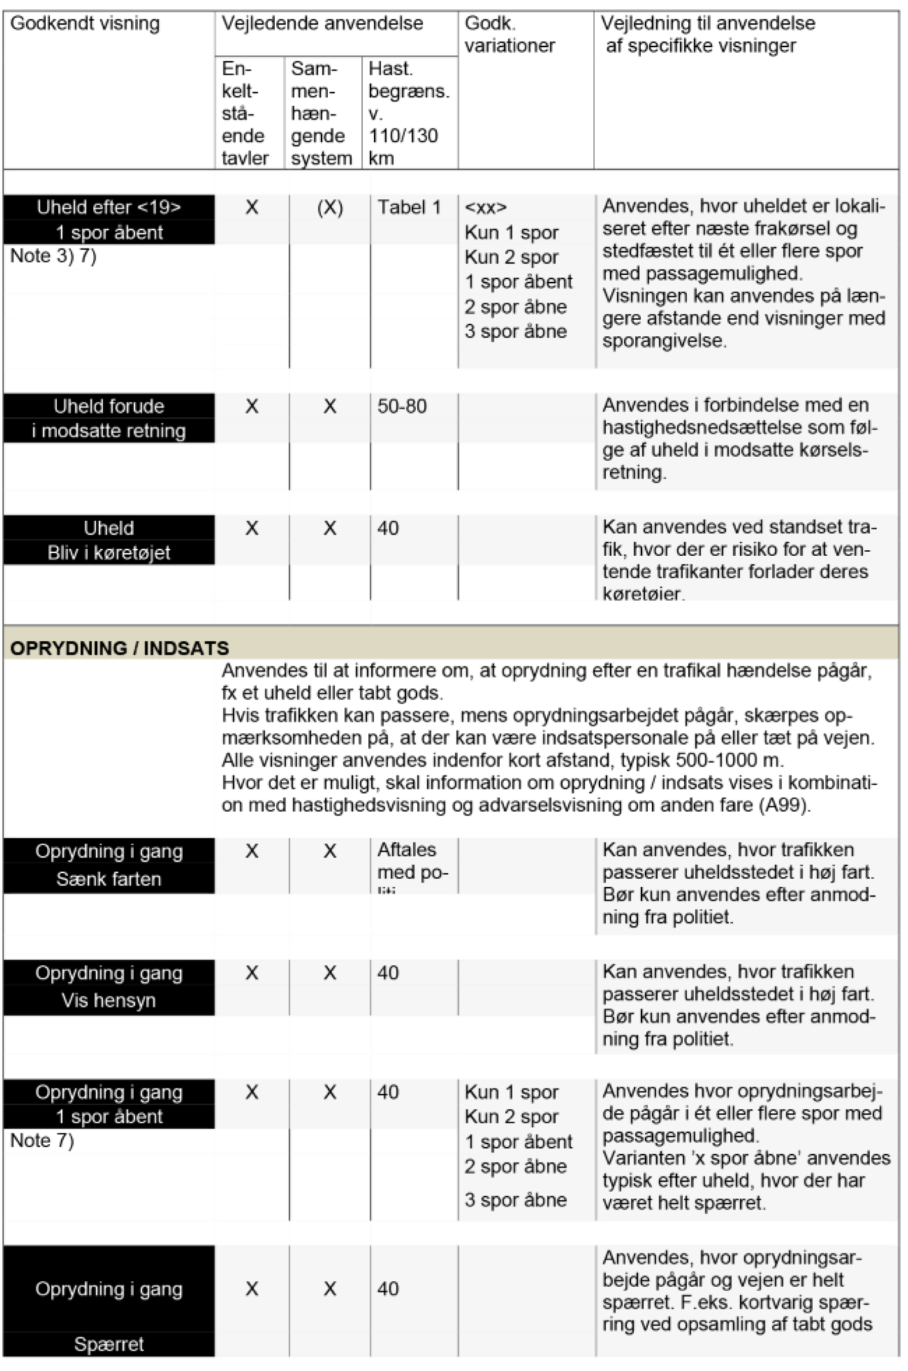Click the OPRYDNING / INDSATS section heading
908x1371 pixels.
pos(119,648)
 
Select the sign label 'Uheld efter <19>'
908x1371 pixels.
pos(109,207)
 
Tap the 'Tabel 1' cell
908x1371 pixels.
pos(409,207)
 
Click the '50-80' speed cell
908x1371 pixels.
pos(402,406)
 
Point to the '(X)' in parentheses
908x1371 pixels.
pos(330,207)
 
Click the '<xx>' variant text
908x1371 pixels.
pos(486,207)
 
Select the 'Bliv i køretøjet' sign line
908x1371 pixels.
pos(109,553)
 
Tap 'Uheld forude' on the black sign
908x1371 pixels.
pos(109,406)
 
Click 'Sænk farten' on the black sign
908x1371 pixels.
pos(109,879)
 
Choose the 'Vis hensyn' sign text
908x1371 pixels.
pos(109,1000)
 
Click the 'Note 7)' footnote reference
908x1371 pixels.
pos(42,1140)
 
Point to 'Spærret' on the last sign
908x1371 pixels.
pos(109,1344)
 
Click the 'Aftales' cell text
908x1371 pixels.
pos(407,849)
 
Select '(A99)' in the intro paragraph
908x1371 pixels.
pos(785,805)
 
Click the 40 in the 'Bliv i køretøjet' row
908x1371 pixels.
pos(388,528)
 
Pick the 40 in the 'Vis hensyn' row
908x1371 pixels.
pos(388,973)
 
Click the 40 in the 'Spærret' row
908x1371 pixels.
pos(388,1288)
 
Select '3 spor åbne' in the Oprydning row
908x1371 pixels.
pos(516,1200)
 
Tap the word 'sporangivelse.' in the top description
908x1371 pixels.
pos(664,341)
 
